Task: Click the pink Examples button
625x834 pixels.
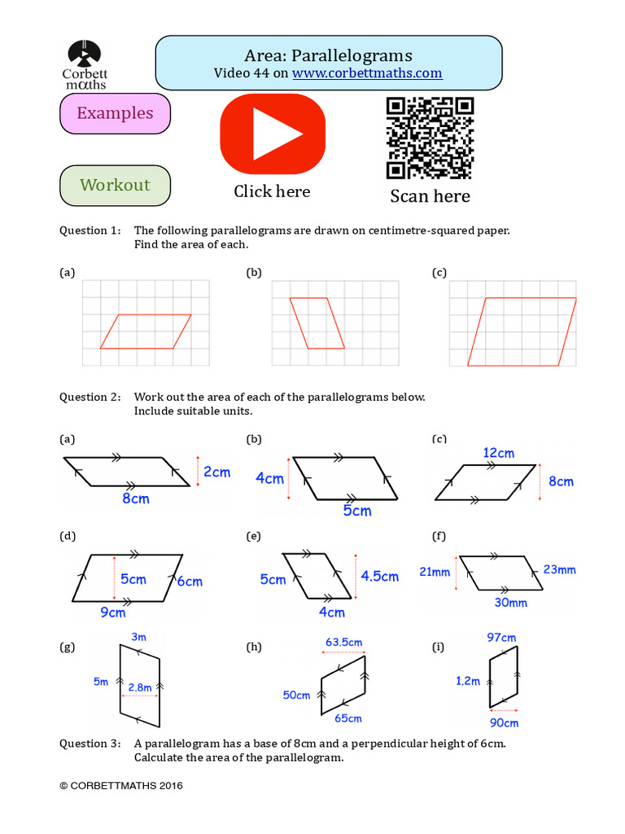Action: pos(115,113)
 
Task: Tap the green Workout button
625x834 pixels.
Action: pos(115,185)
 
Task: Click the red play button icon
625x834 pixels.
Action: pos(273,133)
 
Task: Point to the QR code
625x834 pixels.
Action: pos(430,138)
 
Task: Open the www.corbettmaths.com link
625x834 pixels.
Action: pos(367,73)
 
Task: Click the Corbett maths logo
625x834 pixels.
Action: pos(85,65)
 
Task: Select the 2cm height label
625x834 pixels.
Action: pos(217,472)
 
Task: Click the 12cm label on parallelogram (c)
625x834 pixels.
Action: pos(499,453)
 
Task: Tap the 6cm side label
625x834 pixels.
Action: pos(190,582)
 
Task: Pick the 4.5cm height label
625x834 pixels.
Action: pos(379,577)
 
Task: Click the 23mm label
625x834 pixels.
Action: pos(559,570)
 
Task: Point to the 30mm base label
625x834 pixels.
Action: pos(511,604)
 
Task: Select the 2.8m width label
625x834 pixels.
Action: pos(140,687)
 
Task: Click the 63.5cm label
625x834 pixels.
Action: pos(343,643)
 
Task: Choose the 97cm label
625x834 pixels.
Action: pos(501,638)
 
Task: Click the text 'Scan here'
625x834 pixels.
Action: pos(430,196)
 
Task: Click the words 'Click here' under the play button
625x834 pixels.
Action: pos(272,191)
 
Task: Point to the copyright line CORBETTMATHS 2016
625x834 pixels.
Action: pos(121,786)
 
